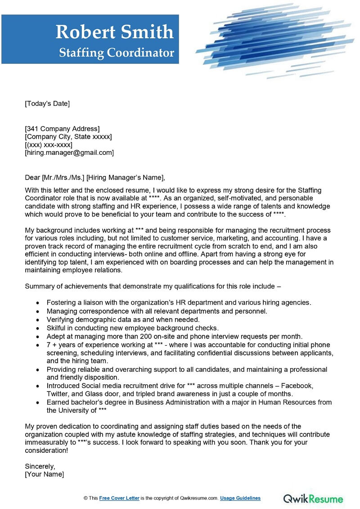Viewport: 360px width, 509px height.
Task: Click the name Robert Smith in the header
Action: (x=114, y=32)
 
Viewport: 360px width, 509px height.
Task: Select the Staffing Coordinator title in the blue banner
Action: (x=117, y=53)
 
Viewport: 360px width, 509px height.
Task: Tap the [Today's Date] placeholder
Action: (x=47, y=104)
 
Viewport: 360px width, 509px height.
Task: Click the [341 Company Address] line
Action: (x=62, y=129)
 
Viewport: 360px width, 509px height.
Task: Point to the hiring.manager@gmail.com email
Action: (x=69, y=153)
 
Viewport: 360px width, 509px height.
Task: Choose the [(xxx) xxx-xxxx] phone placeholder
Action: (x=49, y=145)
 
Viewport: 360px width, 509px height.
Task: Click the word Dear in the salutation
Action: (x=32, y=177)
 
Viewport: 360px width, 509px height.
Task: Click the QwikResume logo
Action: (x=313, y=498)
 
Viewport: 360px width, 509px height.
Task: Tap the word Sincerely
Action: (x=40, y=466)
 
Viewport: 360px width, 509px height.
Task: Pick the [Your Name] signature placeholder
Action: (x=45, y=474)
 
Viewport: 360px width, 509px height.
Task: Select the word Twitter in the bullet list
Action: (x=58, y=394)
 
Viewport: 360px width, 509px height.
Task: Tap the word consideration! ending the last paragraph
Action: (x=46, y=450)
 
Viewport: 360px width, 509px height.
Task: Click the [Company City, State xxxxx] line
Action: (x=68, y=137)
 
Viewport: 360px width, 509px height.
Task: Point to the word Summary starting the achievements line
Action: (x=40, y=286)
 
